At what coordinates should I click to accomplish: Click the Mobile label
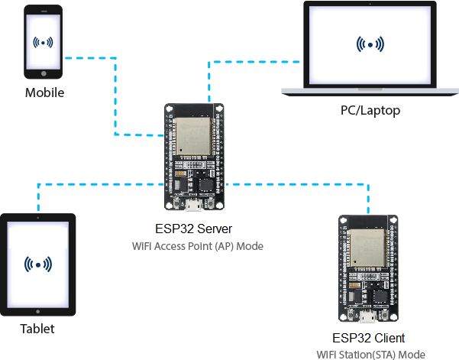(x=44, y=92)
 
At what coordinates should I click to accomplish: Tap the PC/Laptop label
(x=370, y=111)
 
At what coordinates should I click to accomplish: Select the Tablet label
(x=37, y=329)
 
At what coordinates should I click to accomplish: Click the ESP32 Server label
(x=193, y=229)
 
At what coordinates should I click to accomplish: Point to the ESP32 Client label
(x=369, y=338)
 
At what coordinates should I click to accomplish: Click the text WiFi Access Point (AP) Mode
(x=198, y=246)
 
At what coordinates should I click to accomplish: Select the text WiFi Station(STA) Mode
(x=371, y=355)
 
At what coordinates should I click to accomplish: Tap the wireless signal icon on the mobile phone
(x=43, y=43)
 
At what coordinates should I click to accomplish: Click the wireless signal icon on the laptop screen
(x=370, y=44)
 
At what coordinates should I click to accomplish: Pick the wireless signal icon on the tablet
(x=38, y=264)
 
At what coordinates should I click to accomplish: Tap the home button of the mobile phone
(x=44, y=73)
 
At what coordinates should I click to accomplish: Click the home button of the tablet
(x=37, y=312)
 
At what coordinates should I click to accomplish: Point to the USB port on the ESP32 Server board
(x=193, y=204)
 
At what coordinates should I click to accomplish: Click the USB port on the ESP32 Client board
(x=367, y=316)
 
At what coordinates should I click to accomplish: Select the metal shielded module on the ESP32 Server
(x=193, y=137)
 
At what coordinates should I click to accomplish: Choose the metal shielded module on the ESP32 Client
(x=367, y=248)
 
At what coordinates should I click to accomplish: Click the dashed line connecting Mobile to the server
(x=115, y=96)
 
